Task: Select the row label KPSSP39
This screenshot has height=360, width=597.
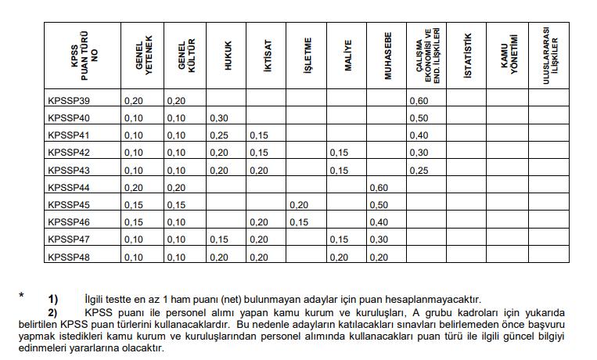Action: click(69, 101)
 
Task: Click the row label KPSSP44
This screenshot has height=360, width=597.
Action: click(69, 187)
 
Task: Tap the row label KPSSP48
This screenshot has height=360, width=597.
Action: click(69, 256)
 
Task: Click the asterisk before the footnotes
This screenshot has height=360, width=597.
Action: click(22, 296)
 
